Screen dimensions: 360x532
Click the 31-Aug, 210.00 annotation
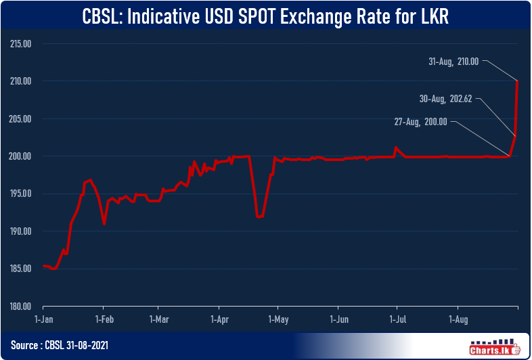(453, 60)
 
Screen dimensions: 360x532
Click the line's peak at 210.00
(517, 82)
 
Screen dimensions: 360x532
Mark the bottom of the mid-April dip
(259, 217)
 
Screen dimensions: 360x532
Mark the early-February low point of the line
(104, 223)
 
